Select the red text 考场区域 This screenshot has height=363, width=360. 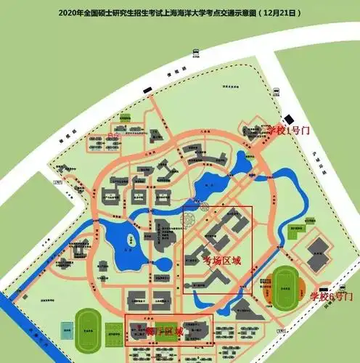pyautogui.click(x=221, y=259)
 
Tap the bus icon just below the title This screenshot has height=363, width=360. pyautogui.click(x=196, y=50)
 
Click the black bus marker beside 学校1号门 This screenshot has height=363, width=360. pyautogui.click(x=290, y=120)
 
